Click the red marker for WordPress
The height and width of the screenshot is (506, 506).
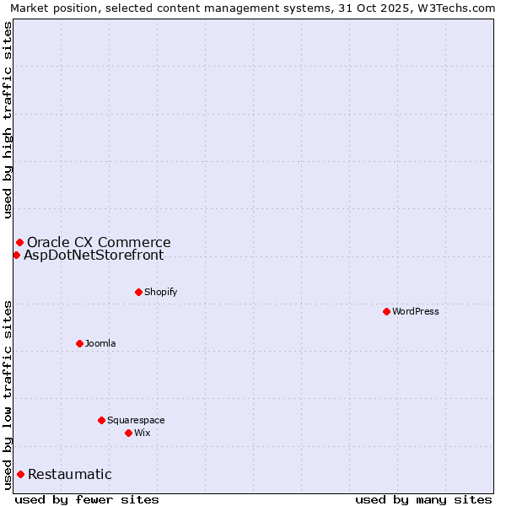[x=386, y=311]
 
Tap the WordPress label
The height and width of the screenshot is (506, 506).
[x=416, y=311]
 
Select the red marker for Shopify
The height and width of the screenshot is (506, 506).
[x=138, y=292]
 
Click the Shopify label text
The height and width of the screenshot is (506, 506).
[x=161, y=292]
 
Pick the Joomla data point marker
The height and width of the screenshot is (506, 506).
[x=79, y=343]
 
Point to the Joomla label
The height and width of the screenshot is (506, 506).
[x=100, y=343]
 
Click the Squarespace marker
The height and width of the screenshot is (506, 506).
[x=101, y=420]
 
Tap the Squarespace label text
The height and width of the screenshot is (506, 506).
[x=136, y=420]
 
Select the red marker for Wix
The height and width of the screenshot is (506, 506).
[x=128, y=433]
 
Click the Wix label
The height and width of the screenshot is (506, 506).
[x=143, y=433]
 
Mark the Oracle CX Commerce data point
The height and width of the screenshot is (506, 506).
[x=19, y=242]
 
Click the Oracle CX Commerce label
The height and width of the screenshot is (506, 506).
[x=99, y=242]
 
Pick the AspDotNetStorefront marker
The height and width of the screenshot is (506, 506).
[x=16, y=255]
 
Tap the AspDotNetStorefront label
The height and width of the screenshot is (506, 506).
[x=94, y=255]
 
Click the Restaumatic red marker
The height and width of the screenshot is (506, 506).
[x=20, y=474]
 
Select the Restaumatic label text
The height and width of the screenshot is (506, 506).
[x=69, y=474]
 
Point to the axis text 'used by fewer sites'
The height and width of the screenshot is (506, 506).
[x=87, y=499]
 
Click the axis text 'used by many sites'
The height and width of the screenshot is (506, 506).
[x=423, y=499]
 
